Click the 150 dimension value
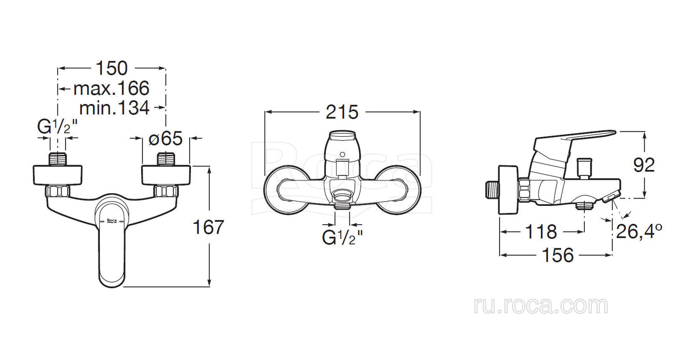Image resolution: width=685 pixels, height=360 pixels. tap(112, 68)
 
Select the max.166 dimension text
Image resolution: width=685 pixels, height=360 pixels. tap(111, 88)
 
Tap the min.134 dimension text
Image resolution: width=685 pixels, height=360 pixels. tap(114, 108)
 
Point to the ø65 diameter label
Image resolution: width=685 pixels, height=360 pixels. tap(166, 138)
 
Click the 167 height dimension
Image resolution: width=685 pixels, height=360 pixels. tap(208, 227)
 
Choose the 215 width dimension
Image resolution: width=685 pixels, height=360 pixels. tap(342, 112)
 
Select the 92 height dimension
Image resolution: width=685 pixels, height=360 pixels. tap(644, 165)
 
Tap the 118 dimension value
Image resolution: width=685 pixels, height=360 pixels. tap(541, 232)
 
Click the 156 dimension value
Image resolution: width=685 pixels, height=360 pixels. tap(558, 255)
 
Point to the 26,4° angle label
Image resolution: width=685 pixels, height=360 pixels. tap(639, 231)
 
